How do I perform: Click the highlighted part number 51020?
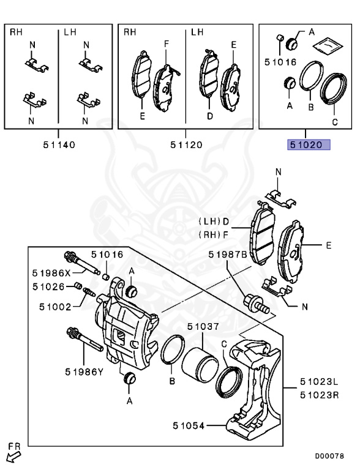(309, 145)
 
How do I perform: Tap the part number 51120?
(186, 145)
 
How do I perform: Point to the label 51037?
(203, 327)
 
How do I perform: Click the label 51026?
(49, 286)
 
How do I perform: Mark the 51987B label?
(227, 254)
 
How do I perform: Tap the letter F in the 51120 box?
(165, 44)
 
